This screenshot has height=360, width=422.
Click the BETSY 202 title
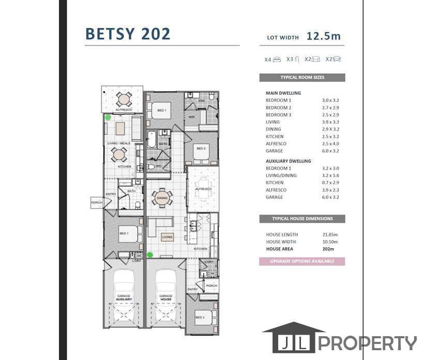(x=128, y=34)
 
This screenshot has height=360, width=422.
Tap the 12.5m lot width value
(x=323, y=36)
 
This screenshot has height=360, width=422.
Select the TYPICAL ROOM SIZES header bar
(x=302, y=78)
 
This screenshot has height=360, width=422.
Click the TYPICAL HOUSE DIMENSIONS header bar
(x=302, y=219)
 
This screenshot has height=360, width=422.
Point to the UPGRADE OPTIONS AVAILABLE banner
(x=302, y=261)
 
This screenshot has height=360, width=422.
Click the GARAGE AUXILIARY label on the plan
(x=124, y=297)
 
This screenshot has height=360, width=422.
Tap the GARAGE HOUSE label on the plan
(x=165, y=297)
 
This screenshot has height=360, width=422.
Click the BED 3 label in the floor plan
(x=200, y=317)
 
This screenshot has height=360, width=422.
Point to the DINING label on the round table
(x=162, y=198)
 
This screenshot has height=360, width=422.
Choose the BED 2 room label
(x=201, y=148)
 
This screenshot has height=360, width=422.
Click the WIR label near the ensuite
(x=191, y=117)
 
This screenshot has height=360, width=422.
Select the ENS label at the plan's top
(x=202, y=100)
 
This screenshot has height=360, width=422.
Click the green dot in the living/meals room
(x=108, y=117)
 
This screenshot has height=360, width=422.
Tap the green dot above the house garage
(x=150, y=254)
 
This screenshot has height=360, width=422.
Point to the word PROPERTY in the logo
(x=367, y=343)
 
